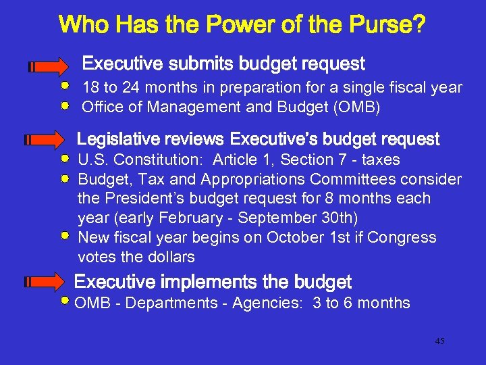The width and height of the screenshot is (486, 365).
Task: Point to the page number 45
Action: click(x=439, y=341)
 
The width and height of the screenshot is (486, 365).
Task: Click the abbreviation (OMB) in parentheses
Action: click(x=357, y=107)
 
